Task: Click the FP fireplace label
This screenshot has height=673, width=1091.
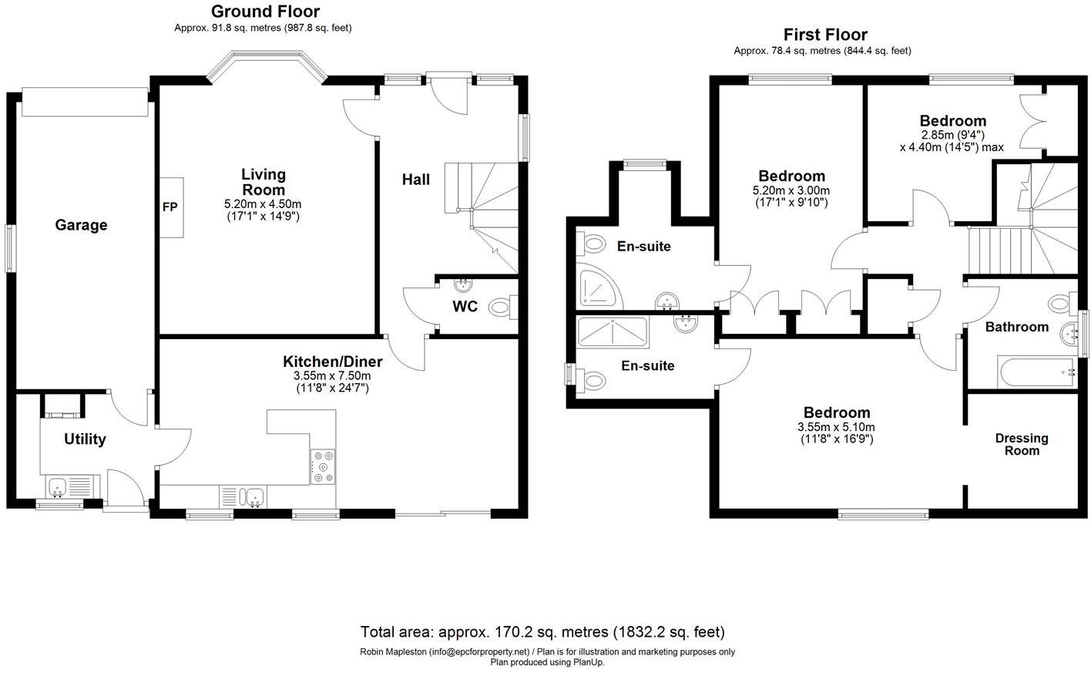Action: (170, 207)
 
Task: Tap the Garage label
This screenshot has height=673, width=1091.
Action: (81, 224)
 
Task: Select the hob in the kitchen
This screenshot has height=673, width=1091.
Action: (323, 467)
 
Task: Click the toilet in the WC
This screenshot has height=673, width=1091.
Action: (502, 307)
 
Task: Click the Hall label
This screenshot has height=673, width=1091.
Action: (416, 180)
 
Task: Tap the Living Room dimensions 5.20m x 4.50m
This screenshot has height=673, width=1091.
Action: (263, 204)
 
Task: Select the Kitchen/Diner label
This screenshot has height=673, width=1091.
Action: (333, 362)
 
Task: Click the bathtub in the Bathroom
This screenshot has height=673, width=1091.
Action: (1037, 373)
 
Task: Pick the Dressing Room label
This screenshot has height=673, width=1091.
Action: (1022, 444)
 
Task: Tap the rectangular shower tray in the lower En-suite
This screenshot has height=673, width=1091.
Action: (613, 332)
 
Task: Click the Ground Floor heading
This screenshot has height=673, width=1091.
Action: (266, 12)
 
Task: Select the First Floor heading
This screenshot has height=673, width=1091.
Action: (825, 35)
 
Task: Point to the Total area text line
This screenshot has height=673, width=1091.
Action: (542, 632)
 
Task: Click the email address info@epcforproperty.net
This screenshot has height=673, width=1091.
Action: (478, 651)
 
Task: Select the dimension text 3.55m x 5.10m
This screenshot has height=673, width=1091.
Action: (836, 427)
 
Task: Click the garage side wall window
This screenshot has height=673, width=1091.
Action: (9, 248)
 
